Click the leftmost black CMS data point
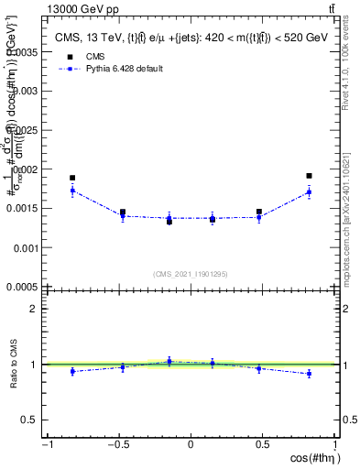pyautogui.click(x=72, y=178)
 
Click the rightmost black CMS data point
pyautogui.click(x=310, y=175)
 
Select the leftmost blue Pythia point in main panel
pyautogui.click(x=72, y=191)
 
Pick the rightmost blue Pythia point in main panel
pyautogui.click(x=310, y=191)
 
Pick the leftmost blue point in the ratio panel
pyautogui.click(x=72, y=371)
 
